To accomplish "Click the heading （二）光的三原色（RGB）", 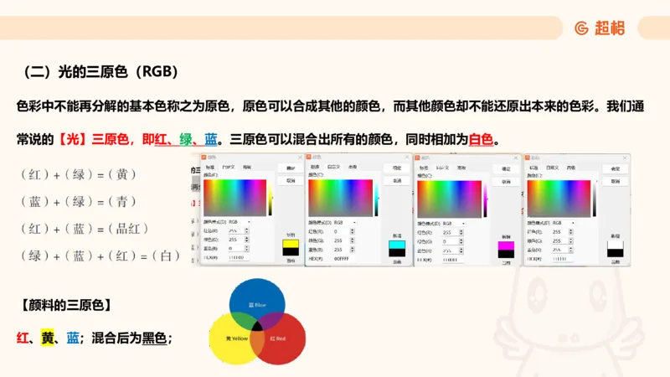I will coord(98,71).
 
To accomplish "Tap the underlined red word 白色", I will coord(481,139).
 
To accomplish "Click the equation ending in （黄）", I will coord(78,174).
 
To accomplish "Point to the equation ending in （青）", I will coord(78,201).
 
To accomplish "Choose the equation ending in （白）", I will coord(100,255).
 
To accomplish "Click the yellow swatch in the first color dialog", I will coord(290,247).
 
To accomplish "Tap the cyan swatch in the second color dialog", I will coord(396,246).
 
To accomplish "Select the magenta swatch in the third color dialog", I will coord(505,246).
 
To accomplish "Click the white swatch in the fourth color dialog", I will coord(615,244).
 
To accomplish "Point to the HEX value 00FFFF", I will coord(343,258).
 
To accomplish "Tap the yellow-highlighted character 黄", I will coord(48,338).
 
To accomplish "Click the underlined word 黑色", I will coord(154,338).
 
